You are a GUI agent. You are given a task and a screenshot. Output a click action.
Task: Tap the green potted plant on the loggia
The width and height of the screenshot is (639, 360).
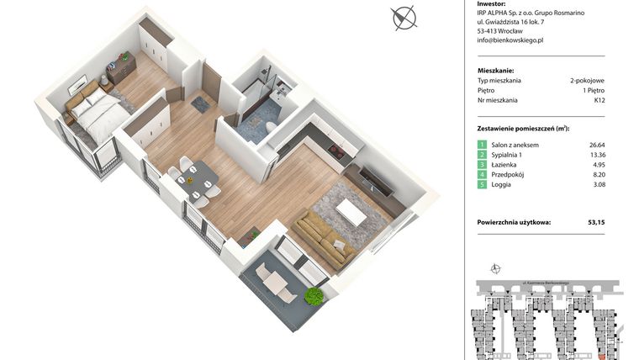pyautogui.click(x=314, y=296)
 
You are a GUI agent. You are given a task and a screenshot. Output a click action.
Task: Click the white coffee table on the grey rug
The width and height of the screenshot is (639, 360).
pyautogui.click(x=351, y=213)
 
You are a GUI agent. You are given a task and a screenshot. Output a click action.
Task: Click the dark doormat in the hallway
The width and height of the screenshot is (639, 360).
pyautogui.click(x=201, y=103)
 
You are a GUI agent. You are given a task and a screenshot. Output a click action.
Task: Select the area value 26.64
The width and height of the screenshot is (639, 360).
pyautogui.click(x=596, y=145)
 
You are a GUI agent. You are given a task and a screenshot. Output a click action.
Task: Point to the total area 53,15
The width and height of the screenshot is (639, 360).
pyautogui.click(x=596, y=223)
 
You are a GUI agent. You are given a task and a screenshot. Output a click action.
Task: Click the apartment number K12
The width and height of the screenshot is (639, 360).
pyautogui.click(x=599, y=100)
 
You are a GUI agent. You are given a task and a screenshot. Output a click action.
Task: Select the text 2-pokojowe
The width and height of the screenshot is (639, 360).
pyautogui.click(x=587, y=80)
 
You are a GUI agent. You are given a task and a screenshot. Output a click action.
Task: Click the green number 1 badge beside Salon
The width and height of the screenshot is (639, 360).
pyautogui.click(x=482, y=146)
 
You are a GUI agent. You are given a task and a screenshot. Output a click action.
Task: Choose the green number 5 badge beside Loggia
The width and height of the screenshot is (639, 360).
pyautogui.click(x=482, y=189)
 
